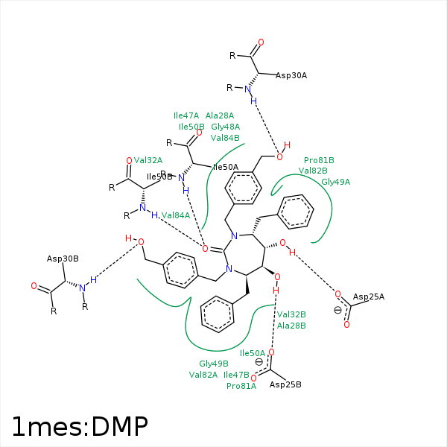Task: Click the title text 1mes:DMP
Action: (x=79, y=425)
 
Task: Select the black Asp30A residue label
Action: (x=291, y=75)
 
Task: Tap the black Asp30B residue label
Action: (x=63, y=259)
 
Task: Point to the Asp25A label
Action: (x=369, y=297)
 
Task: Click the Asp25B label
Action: (x=285, y=384)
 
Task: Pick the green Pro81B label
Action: (x=319, y=160)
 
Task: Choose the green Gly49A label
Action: (x=335, y=181)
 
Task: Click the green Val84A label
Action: (x=176, y=215)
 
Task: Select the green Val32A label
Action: (x=148, y=159)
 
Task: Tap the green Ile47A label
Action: (x=186, y=115)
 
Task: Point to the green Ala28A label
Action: (x=220, y=115)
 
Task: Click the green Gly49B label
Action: (x=213, y=364)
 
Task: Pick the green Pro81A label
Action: (x=241, y=386)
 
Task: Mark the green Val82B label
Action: (x=313, y=171)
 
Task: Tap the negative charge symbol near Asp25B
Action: (x=259, y=362)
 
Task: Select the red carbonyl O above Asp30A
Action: (x=260, y=42)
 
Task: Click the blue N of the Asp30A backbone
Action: (x=247, y=89)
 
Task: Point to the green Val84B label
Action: (x=225, y=138)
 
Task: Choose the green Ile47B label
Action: (x=236, y=375)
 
